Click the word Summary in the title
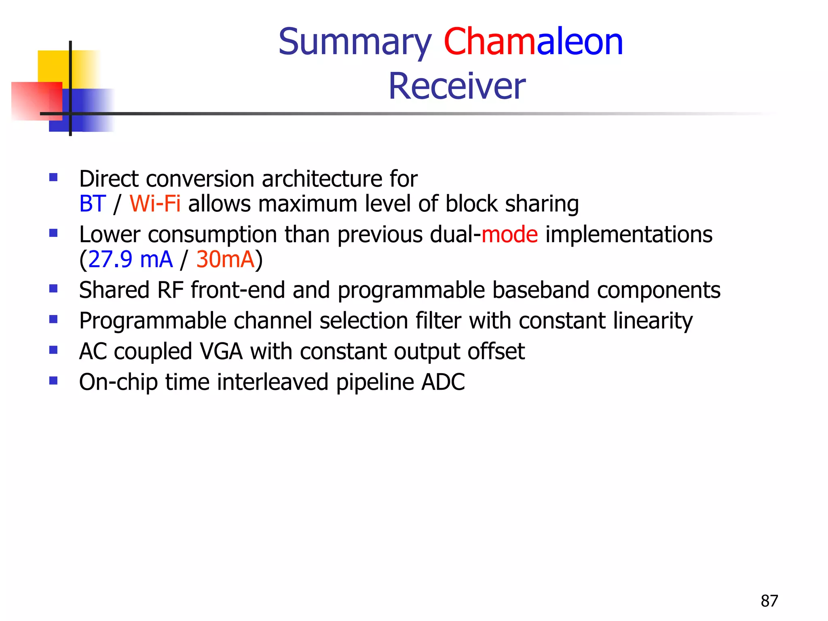pyautogui.click(x=355, y=42)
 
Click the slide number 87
pyautogui.click(x=769, y=601)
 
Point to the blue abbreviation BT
pyautogui.click(x=93, y=204)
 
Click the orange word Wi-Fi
pyautogui.click(x=155, y=204)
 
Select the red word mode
pyautogui.click(x=509, y=235)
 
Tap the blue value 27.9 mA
pyautogui.click(x=130, y=260)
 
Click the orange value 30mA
pyautogui.click(x=225, y=260)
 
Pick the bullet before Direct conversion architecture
pyautogui.click(x=53, y=177)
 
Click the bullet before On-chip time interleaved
pyautogui.click(x=53, y=380)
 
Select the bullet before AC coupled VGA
pyautogui.click(x=53, y=350)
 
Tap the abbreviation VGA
pyautogui.click(x=221, y=351)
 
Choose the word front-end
pyautogui.click(x=238, y=290)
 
